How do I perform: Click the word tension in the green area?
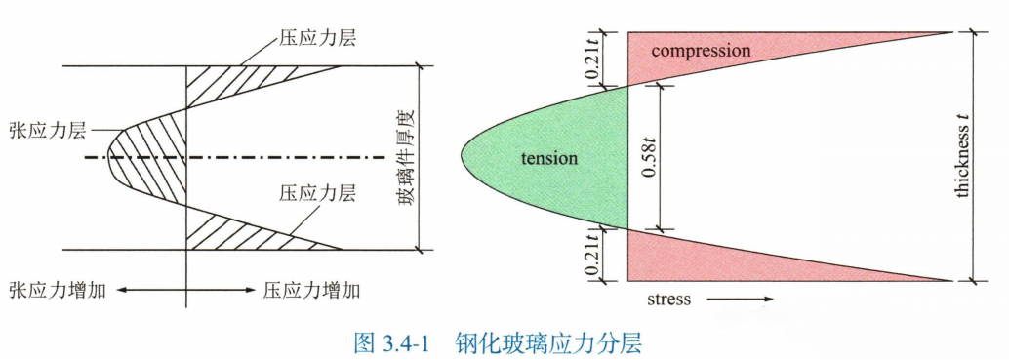click(x=548, y=158)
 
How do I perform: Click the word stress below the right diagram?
click(x=668, y=299)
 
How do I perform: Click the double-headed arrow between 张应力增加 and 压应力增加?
click(x=184, y=290)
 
